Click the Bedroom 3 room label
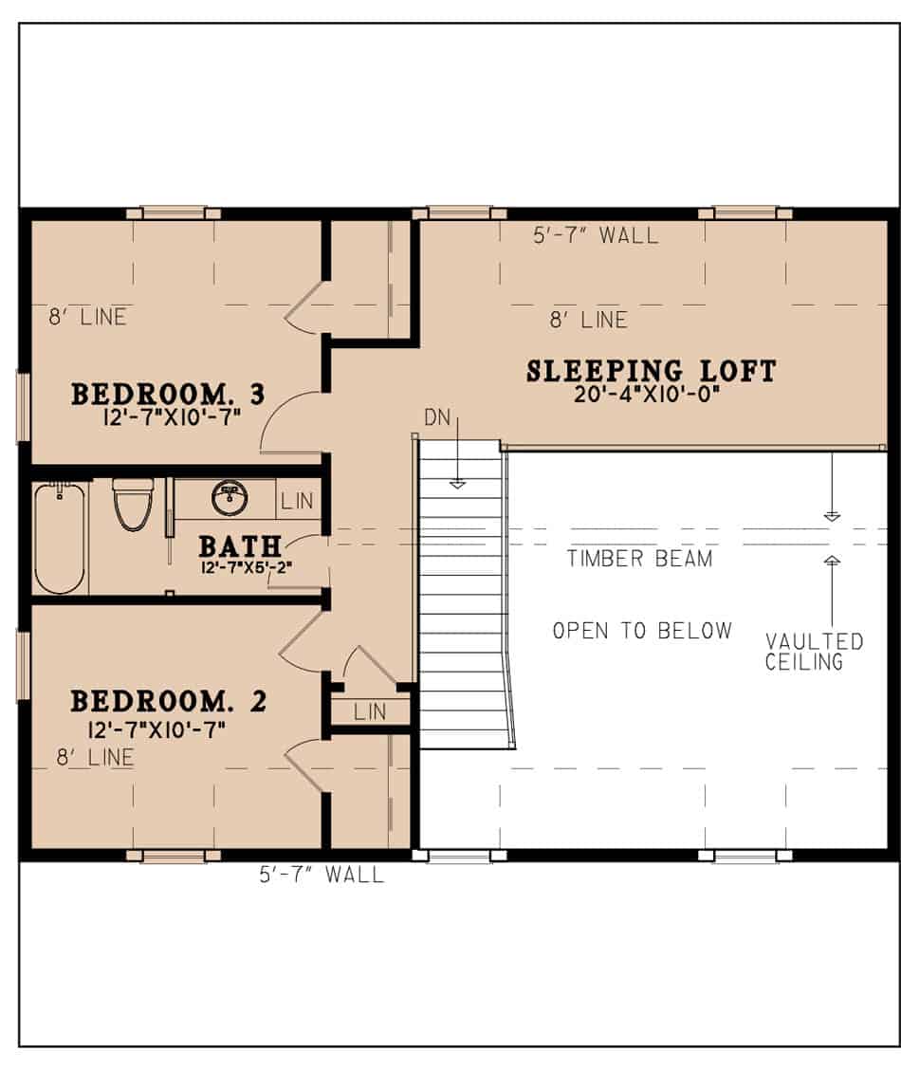point(168,395)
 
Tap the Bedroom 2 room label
point(168,702)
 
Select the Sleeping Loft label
point(651,371)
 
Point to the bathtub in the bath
point(60,538)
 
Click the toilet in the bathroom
point(133,505)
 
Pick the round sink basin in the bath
point(230,498)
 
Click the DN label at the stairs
point(437,417)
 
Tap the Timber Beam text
point(639,559)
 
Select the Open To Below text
point(642,631)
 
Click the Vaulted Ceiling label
point(814,652)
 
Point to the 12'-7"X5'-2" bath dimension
point(247,567)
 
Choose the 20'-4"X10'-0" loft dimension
point(647,395)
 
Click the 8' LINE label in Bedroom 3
point(88,318)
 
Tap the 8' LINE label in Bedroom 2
point(95,758)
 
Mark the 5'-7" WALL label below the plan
point(322,875)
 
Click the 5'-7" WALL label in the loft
point(596,235)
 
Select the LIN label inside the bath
point(298,502)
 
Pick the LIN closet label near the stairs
point(370,712)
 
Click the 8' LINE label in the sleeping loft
point(589,320)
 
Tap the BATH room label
point(240,546)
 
